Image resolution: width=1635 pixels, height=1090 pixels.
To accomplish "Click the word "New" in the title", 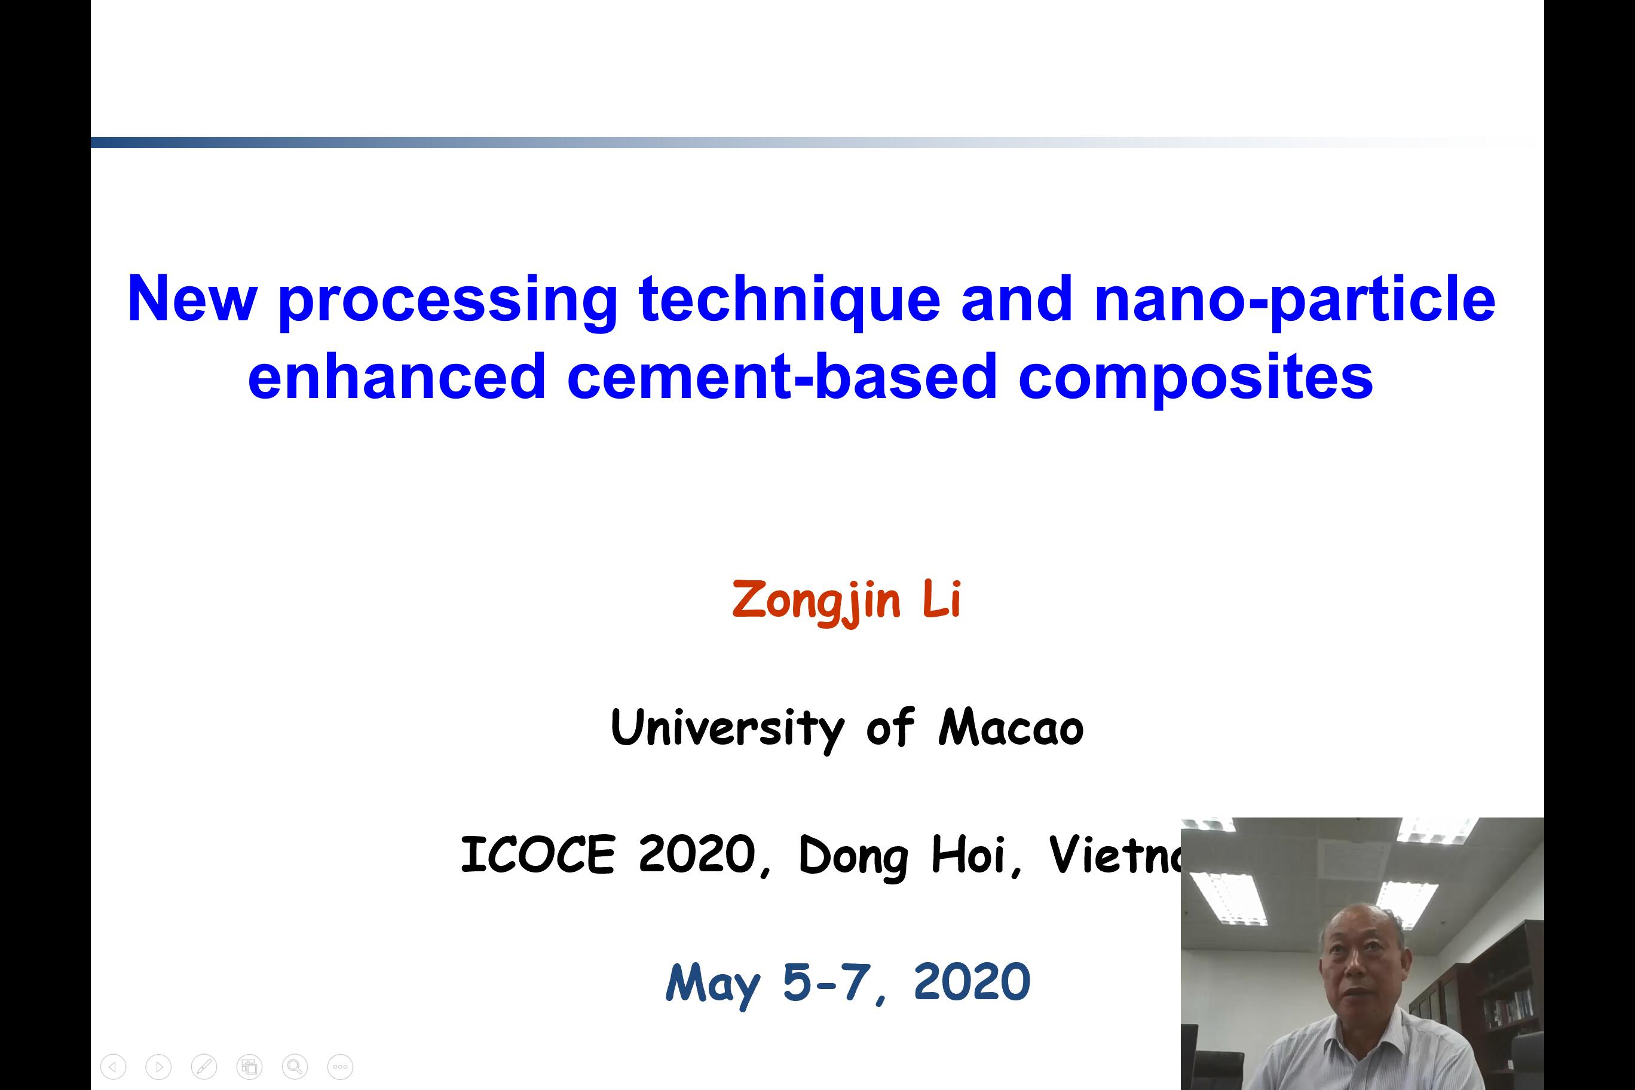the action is [192, 298].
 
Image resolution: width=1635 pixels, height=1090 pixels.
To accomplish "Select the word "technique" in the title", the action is [789, 299].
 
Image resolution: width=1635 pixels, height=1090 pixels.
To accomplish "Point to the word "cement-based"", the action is [782, 376].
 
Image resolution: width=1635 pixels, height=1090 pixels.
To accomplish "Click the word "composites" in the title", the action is [1196, 379].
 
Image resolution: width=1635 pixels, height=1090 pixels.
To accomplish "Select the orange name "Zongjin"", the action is [816, 600].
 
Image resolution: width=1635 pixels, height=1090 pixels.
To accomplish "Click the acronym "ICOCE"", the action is [538, 855].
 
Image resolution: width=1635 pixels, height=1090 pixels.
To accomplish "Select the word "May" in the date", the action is [712, 984].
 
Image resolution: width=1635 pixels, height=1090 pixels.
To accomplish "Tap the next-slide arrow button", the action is [158, 1066].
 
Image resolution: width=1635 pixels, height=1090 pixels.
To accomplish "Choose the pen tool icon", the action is [204, 1066].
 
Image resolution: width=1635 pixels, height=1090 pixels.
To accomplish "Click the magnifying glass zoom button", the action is [295, 1066].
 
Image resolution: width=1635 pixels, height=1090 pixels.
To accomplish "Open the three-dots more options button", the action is [340, 1066].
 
